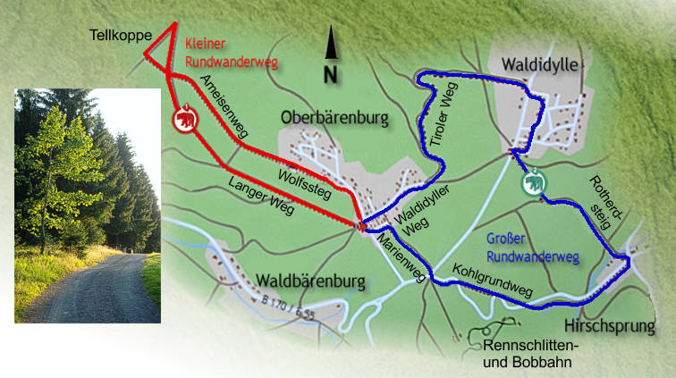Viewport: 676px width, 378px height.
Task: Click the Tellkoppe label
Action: (119, 36)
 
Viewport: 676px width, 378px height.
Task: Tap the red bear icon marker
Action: (184, 119)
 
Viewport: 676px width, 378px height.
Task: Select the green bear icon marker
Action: (533, 182)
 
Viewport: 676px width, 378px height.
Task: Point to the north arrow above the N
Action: (331, 44)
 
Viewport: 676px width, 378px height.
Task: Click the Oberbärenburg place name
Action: (334, 117)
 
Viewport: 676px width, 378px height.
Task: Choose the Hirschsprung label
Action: (615, 325)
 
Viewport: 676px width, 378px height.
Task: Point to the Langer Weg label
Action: (261, 193)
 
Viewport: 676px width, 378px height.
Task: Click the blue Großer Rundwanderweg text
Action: (533, 248)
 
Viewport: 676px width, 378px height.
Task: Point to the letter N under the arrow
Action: (331, 75)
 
